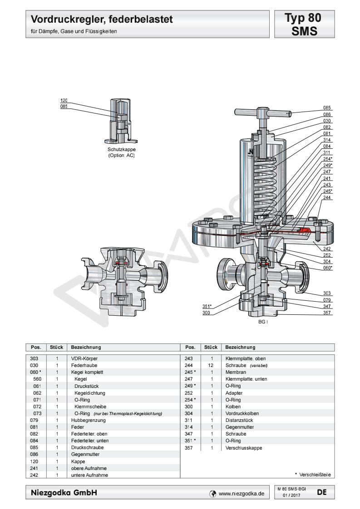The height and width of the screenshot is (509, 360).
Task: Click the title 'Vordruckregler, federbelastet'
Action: (x=102, y=20)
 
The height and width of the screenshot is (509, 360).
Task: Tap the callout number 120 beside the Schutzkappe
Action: (x=64, y=100)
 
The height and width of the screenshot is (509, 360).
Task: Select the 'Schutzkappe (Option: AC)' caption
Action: (x=121, y=152)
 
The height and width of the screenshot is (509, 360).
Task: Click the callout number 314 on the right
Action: (x=327, y=141)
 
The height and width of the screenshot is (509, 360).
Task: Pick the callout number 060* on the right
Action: (x=327, y=268)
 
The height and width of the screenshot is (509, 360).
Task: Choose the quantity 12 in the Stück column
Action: (x=211, y=365)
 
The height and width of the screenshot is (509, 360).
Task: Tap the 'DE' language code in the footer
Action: (x=321, y=491)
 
